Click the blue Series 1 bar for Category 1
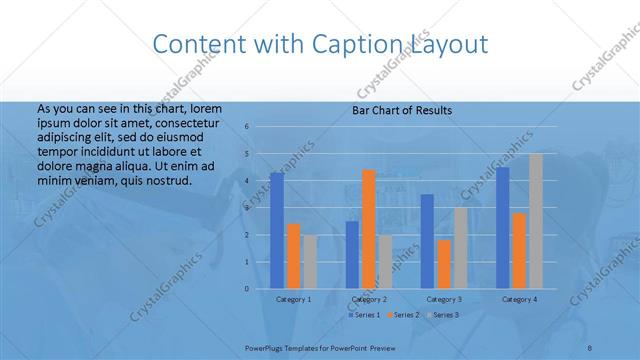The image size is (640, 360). coord(277,230)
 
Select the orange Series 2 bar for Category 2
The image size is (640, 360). coord(369,229)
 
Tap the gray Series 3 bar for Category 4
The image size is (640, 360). coord(536,221)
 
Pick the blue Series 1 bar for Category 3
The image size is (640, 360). coord(427,241)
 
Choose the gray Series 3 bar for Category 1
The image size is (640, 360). coord(310,261)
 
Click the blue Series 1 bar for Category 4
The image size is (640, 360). coord(503,227)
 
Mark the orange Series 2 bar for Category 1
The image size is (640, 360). coord(294,256)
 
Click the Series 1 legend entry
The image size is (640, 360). coord(365,315)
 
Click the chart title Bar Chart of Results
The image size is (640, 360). coord(402,110)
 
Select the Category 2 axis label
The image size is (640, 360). coord(369,299)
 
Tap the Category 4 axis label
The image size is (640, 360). coord(519,299)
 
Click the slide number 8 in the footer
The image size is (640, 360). coord(590,345)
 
